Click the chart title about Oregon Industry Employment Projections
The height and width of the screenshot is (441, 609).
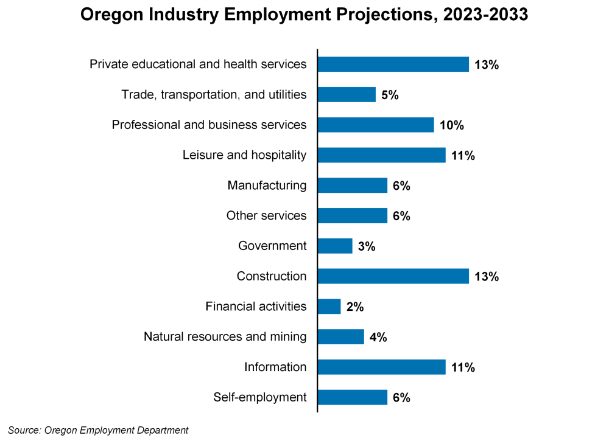(x=304, y=15)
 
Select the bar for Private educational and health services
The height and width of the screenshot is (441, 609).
(x=393, y=64)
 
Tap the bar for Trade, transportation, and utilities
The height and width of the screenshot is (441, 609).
(x=347, y=95)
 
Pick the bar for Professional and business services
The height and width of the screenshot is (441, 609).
(x=376, y=125)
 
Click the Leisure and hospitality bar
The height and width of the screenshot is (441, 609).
(x=382, y=155)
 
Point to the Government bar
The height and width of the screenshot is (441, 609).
(x=335, y=246)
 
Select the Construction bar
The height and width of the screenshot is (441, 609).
(x=393, y=276)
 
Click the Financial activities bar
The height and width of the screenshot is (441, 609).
(x=329, y=307)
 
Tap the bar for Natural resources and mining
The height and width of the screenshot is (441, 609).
(x=341, y=337)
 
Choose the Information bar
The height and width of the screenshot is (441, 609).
(x=382, y=367)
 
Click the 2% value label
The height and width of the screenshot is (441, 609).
(x=355, y=307)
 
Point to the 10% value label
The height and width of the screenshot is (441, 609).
(x=451, y=126)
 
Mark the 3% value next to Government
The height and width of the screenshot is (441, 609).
(x=367, y=247)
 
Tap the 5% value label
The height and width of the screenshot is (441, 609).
(x=390, y=95)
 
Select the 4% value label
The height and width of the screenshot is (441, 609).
(x=378, y=338)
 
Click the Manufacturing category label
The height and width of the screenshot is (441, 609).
(x=267, y=186)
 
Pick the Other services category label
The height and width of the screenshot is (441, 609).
(x=266, y=216)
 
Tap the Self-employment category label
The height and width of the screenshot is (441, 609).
(x=259, y=398)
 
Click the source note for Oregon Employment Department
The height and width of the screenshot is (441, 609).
(x=98, y=430)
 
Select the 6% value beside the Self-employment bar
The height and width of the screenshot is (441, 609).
(x=401, y=398)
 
